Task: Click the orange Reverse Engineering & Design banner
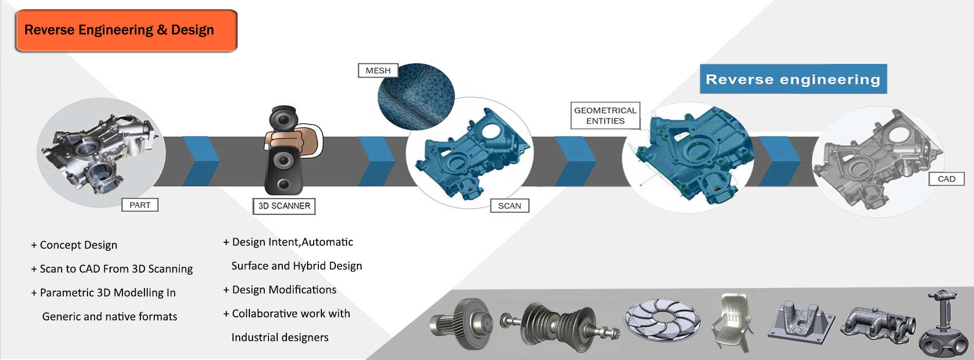[127, 30]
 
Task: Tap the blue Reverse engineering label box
[793, 79]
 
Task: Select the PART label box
[140, 205]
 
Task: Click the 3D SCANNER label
[284, 206]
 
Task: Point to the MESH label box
[378, 70]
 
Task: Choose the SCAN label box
[510, 206]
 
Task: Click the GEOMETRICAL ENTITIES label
[605, 116]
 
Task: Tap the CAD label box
[946, 179]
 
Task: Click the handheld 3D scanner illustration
[291, 150]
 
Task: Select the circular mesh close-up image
[416, 96]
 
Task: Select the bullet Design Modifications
[280, 290]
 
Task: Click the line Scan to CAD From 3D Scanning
[112, 269]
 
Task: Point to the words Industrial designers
[280, 337]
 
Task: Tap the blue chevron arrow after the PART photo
[201, 161]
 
